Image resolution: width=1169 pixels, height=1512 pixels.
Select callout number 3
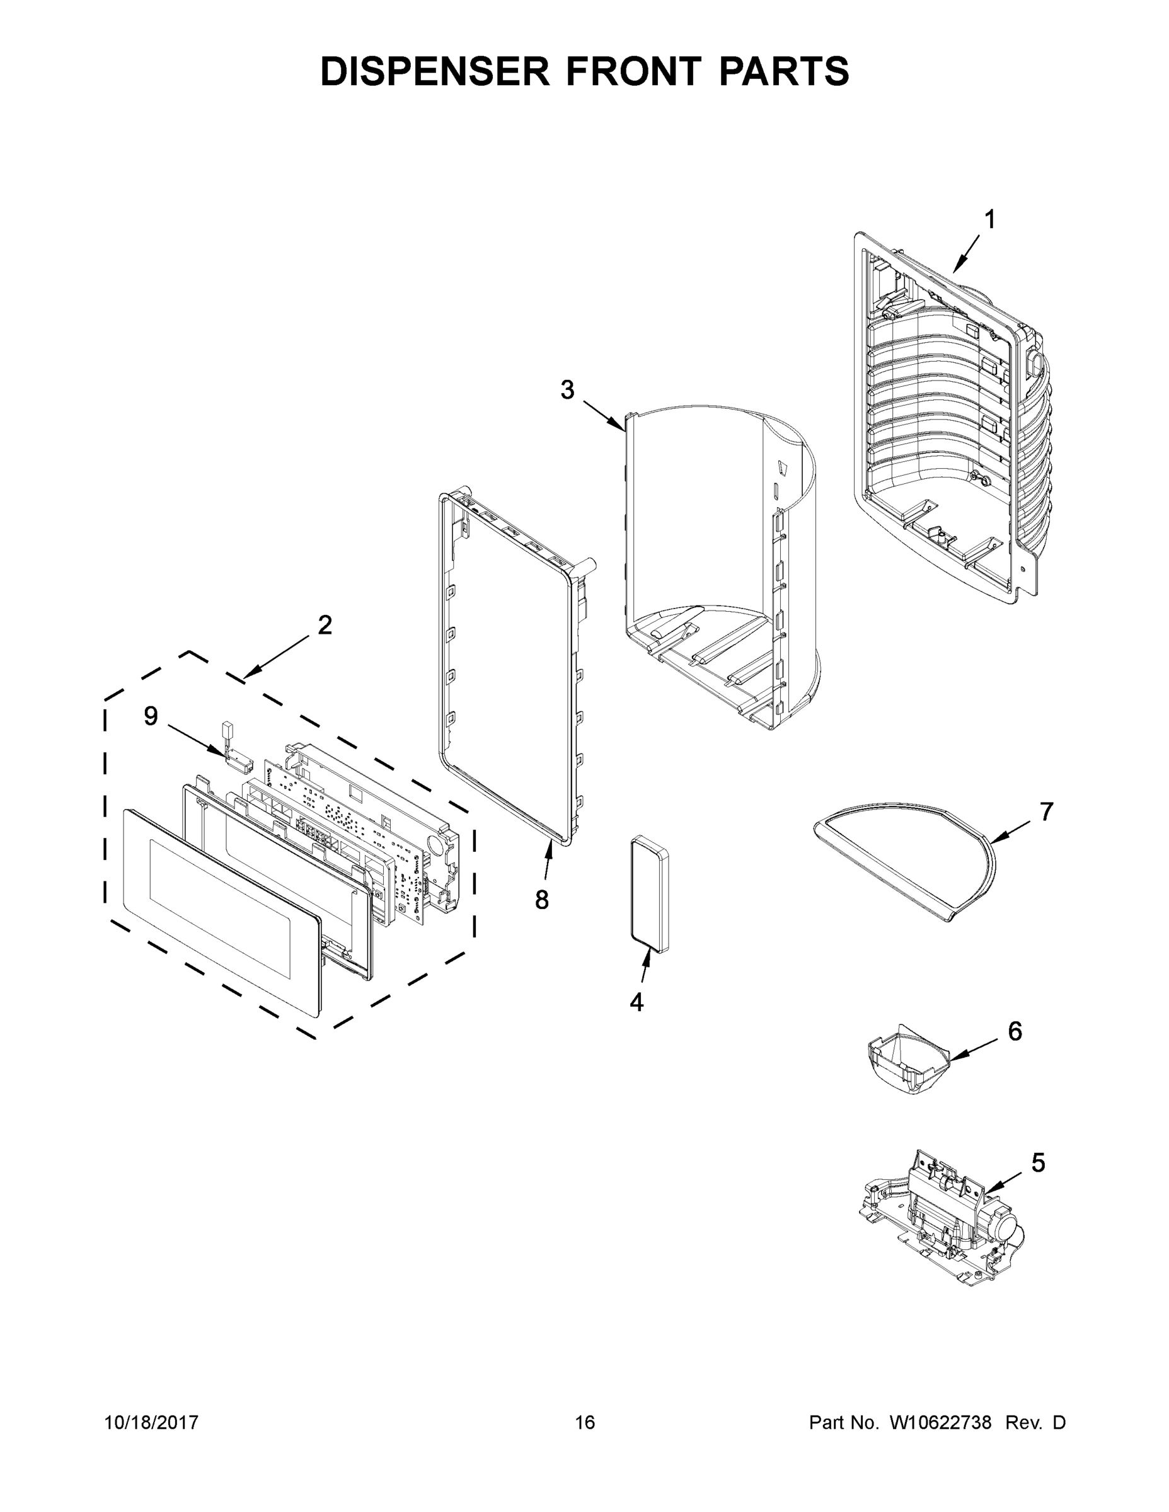coord(567,391)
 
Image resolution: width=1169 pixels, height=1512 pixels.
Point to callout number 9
coord(150,716)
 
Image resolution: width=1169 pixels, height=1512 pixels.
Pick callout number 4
coord(636,1002)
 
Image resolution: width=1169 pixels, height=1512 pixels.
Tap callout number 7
coord(1046,811)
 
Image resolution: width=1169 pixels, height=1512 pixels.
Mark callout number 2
coord(325,625)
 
